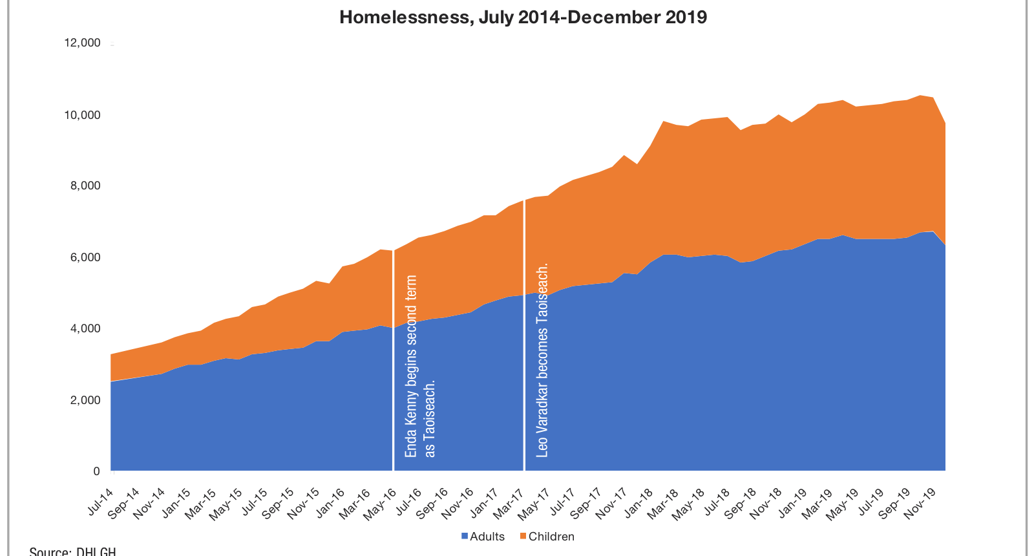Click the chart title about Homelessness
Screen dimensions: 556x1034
point(523,17)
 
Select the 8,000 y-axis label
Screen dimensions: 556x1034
point(84,186)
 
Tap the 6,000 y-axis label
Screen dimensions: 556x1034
point(84,257)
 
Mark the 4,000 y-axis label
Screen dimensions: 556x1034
point(84,328)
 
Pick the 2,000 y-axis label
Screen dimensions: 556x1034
point(84,400)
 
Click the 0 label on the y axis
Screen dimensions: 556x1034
point(96,471)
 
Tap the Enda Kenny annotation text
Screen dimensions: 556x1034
point(420,367)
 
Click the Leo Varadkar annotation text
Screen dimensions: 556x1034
point(542,360)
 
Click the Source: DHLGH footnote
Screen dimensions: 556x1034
point(72,551)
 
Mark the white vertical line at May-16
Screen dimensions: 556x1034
point(394,362)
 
